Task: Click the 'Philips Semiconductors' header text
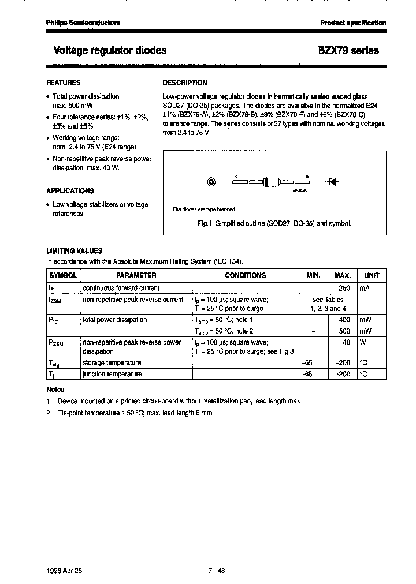coord(83,23)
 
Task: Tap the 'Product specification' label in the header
coord(353,23)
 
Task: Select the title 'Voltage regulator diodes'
coord(110,50)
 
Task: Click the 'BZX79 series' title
coord(348,50)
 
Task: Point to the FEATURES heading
coord(63,83)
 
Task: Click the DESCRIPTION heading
coord(185,83)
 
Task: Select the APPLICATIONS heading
coord(69,191)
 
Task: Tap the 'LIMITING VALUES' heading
coord(74,251)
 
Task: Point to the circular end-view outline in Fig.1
coord(211,182)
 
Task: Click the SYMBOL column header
coord(62,276)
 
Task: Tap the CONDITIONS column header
coord(245,276)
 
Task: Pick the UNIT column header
coord(372,276)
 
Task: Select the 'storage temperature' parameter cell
coord(112,363)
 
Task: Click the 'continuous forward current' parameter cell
coord(121,288)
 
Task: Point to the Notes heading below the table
coord(55,390)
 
